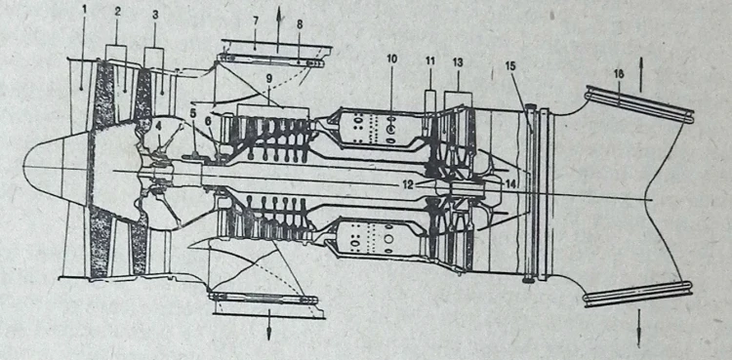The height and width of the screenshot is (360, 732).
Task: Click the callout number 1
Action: tap(84, 10)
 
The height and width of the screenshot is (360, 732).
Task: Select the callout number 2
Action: tap(118, 12)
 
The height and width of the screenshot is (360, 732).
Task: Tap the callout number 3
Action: tap(154, 15)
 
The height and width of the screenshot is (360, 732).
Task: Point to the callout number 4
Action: tap(160, 126)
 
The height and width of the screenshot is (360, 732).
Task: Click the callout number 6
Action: tap(208, 120)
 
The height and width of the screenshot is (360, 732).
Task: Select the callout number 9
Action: tap(269, 78)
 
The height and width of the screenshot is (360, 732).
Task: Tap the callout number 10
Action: tap(391, 59)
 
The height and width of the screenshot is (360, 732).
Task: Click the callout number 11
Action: tap(430, 60)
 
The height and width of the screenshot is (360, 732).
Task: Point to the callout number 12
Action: tap(408, 184)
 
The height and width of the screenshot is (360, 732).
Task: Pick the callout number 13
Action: tap(458, 62)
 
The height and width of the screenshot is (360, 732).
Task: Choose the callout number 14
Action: tap(510, 183)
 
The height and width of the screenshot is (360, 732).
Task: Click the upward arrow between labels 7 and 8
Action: tap(279, 29)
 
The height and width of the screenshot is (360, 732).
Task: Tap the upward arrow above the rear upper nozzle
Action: tap(640, 74)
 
